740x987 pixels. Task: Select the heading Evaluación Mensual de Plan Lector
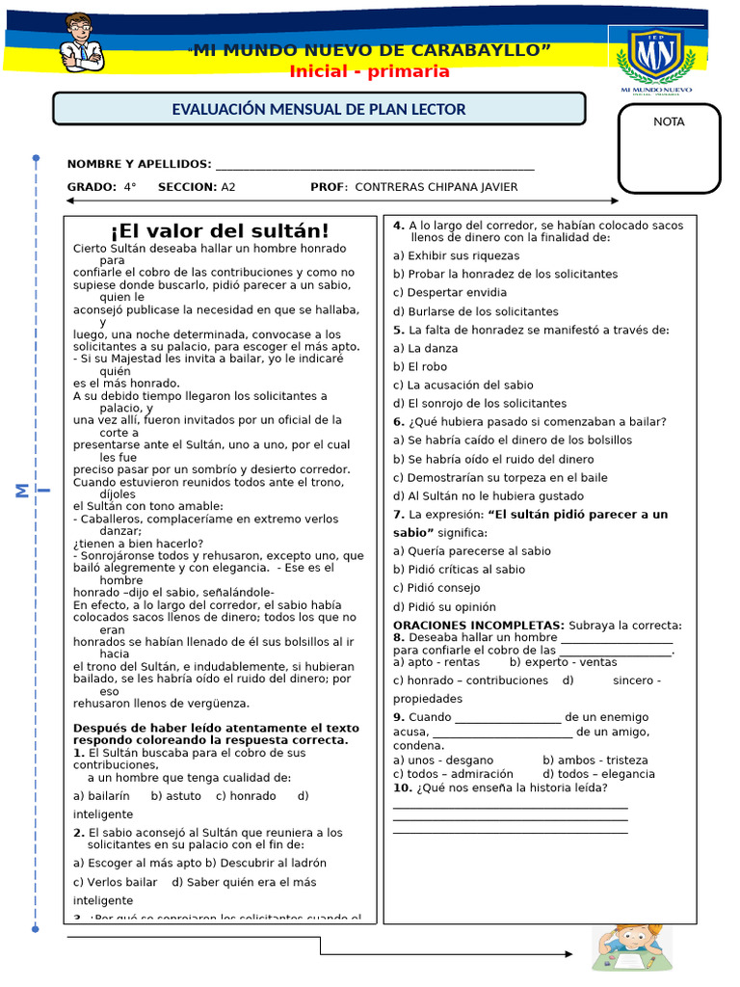(319, 110)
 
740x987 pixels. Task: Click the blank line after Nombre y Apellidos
(375, 165)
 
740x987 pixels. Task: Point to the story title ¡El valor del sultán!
(220, 231)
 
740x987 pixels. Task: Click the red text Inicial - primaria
(369, 71)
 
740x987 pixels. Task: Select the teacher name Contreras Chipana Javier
(436, 187)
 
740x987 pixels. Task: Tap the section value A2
(228, 187)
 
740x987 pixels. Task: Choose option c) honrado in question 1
(246, 796)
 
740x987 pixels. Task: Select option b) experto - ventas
(563, 662)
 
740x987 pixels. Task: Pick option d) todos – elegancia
(597, 774)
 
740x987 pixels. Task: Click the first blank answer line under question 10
(510, 806)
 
